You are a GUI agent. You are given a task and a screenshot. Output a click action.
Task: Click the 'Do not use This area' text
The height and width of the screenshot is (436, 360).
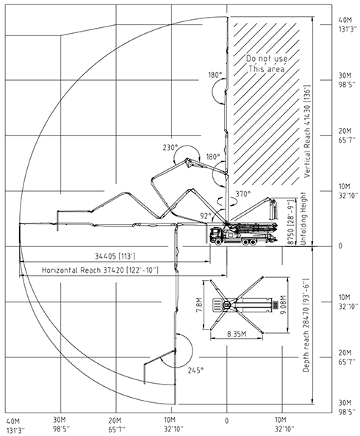point(267,64)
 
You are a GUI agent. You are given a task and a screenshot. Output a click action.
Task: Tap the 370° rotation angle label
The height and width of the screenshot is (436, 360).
point(243,194)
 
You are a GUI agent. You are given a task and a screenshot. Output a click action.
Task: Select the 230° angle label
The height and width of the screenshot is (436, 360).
point(170,147)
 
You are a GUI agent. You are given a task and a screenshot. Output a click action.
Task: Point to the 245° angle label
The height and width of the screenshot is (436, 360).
point(195,370)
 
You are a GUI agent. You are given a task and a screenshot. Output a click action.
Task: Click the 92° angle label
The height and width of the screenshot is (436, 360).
point(206,215)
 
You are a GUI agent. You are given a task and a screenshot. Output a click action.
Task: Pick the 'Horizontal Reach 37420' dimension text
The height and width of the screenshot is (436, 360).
point(100,270)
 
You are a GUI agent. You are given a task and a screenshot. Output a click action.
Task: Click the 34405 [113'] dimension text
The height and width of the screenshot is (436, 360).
point(115,256)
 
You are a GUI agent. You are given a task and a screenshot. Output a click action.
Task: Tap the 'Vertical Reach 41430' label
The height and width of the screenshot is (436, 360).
point(306,132)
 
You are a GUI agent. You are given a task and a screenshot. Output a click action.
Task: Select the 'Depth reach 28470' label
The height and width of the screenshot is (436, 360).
point(306,325)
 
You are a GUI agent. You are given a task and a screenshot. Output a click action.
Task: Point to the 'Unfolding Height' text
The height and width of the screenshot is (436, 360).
point(303,218)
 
